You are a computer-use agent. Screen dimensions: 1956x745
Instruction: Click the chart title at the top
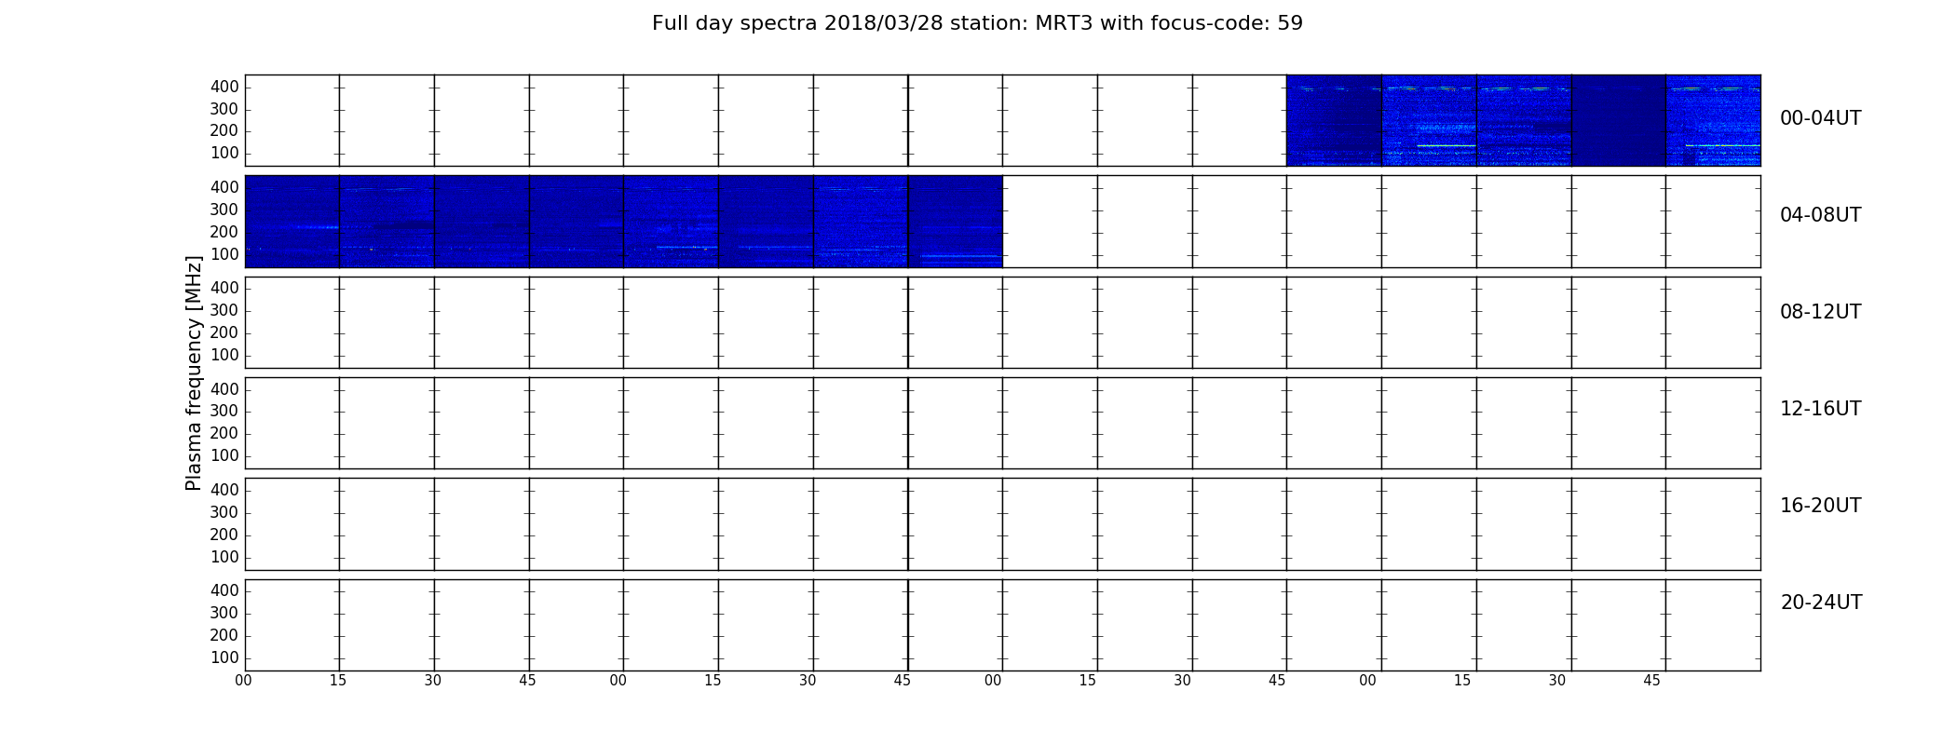(977, 23)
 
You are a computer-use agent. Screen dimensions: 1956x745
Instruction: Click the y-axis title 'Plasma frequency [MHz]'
(194, 372)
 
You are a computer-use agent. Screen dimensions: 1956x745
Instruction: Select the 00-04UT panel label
(1820, 118)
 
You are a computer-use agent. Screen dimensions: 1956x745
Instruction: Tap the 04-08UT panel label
(1820, 215)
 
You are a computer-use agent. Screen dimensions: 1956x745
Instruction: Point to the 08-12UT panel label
(1820, 312)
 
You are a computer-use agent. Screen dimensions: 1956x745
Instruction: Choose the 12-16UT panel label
(1820, 409)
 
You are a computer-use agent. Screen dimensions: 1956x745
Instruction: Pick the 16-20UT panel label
(1820, 506)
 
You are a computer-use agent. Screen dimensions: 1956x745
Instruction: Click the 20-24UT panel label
(1821, 603)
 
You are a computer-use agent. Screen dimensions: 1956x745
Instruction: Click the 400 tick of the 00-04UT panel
(224, 87)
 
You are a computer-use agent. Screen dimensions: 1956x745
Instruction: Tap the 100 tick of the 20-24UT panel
(224, 657)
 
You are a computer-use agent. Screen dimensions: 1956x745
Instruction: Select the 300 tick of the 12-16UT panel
(224, 412)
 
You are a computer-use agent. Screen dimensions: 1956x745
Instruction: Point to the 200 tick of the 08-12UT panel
(224, 333)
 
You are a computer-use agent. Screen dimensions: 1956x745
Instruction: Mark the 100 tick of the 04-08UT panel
(224, 254)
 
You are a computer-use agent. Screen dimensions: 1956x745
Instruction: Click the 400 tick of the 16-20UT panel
(224, 490)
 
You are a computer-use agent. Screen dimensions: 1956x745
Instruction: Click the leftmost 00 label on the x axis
(243, 681)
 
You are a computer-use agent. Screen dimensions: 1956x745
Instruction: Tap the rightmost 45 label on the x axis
(1651, 681)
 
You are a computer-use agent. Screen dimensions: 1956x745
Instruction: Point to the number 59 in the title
(1291, 23)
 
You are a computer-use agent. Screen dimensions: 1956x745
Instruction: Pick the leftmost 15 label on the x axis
(338, 681)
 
